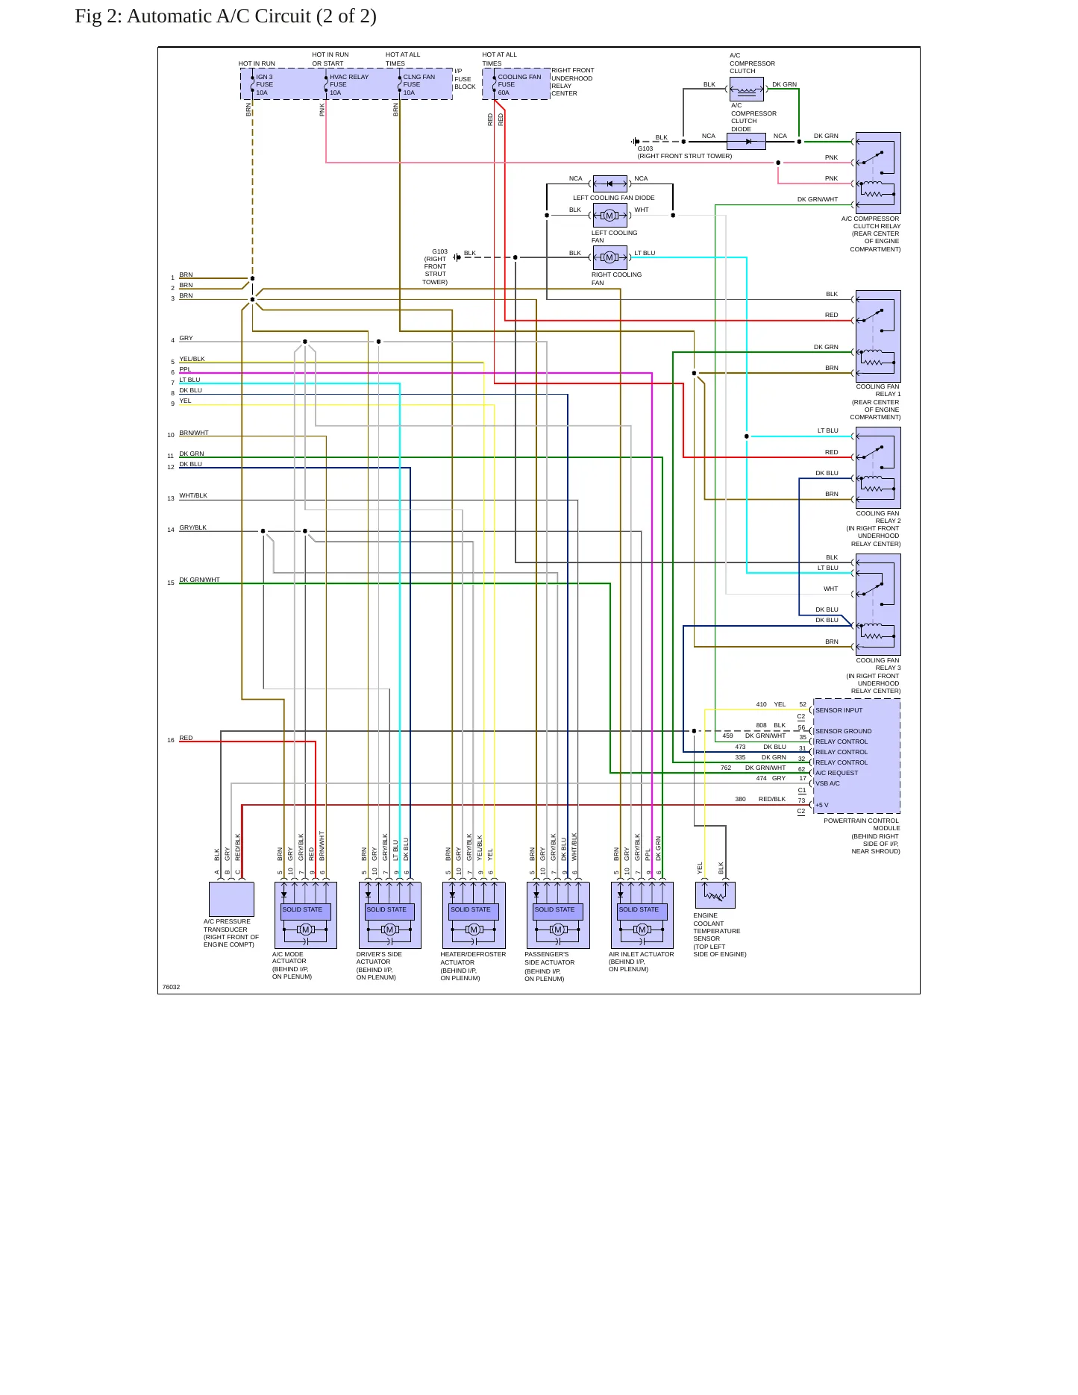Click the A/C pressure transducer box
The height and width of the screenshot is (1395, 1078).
pos(231,899)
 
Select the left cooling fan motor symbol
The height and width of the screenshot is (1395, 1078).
pos(609,216)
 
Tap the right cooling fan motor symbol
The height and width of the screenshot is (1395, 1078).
pos(609,257)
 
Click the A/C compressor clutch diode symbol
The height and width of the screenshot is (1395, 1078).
pos(746,141)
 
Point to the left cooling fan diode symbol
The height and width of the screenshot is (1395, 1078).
pos(609,184)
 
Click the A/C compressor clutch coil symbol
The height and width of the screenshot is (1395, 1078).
pos(746,90)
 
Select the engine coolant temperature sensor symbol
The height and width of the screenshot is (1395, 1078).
pos(715,895)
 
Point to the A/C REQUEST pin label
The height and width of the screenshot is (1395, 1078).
pos(836,773)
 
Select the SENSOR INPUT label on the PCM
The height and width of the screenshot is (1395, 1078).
pos(839,710)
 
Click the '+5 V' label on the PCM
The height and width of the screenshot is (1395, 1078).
pos(821,805)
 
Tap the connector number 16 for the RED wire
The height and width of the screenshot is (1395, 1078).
pos(171,741)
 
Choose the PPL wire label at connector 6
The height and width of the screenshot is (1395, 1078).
pos(185,369)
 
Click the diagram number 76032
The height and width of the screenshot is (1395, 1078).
pos(171,987)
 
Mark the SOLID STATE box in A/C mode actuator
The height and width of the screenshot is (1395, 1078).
pos(305,911)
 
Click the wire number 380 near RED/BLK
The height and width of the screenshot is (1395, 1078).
pos(740,799)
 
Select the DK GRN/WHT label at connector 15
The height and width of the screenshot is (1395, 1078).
pos(199,580)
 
